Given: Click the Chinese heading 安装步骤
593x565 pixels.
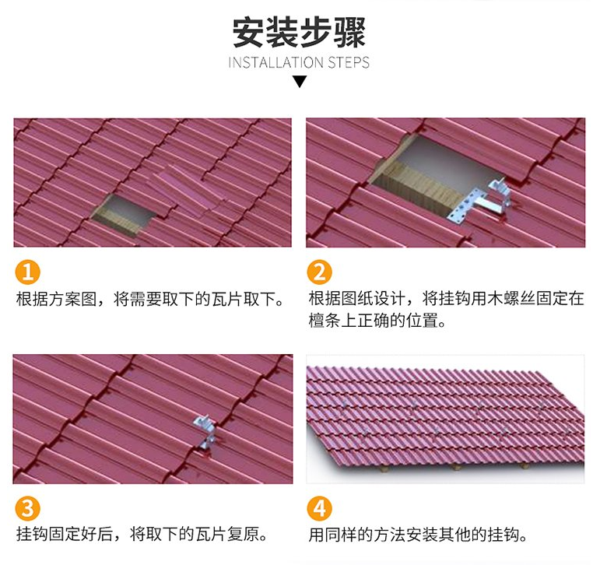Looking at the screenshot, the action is coord(299,32).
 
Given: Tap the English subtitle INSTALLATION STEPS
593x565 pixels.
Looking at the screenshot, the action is coord(299,62).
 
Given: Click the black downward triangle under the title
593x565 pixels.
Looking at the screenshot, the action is coord(300,82).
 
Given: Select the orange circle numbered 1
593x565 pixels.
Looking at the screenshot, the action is coord(27,272).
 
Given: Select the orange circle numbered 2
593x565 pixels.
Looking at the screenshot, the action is coord(320,272).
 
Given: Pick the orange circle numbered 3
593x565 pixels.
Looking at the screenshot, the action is coord(27,508).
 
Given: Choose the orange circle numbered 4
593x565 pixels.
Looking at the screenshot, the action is coord(320,508).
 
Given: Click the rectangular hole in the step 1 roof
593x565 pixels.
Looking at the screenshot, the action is coord(125,215).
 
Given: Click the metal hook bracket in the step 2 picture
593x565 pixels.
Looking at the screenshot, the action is coord(499,197).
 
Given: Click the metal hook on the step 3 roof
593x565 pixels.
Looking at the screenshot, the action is coord(205,432).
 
